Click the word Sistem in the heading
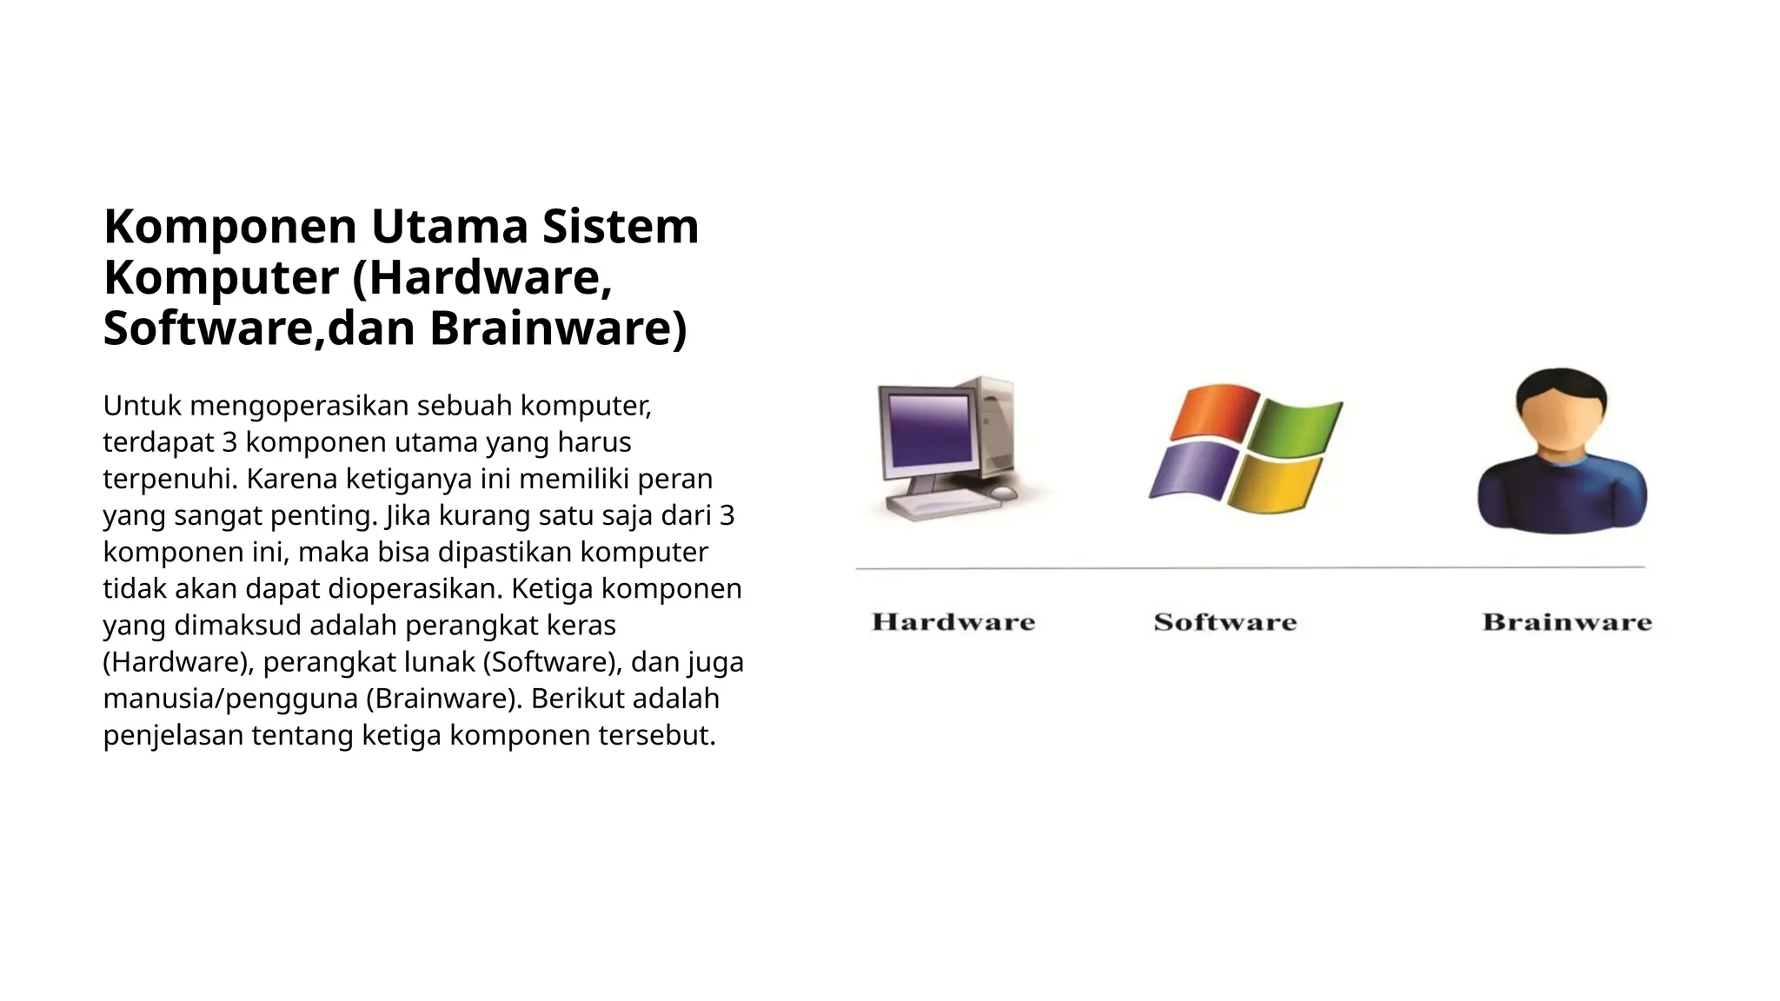[620, 227]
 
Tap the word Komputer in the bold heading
[221, 279]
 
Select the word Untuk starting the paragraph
[142, 406]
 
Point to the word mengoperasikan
[299, 406]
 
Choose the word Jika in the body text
[399, 515]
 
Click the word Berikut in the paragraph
[581, 699]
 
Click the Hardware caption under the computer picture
[953, 622]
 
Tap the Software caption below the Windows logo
[1225, 622]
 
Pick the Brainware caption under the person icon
[1566, 622]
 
